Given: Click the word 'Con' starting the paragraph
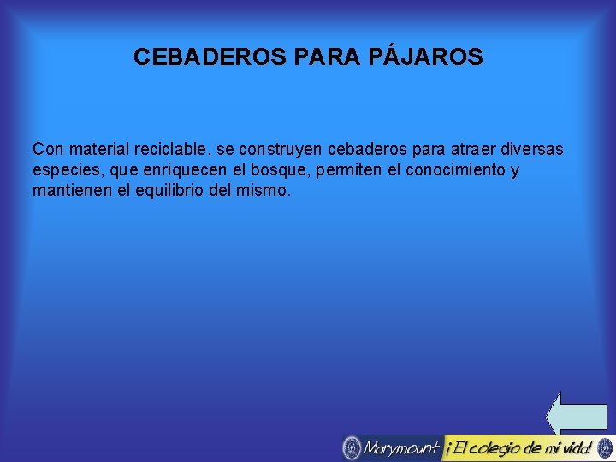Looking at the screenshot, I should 47,149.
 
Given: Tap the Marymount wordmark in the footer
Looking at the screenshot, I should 400,447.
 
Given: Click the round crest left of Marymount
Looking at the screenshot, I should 352,447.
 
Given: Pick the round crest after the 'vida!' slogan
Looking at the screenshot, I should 605,447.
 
